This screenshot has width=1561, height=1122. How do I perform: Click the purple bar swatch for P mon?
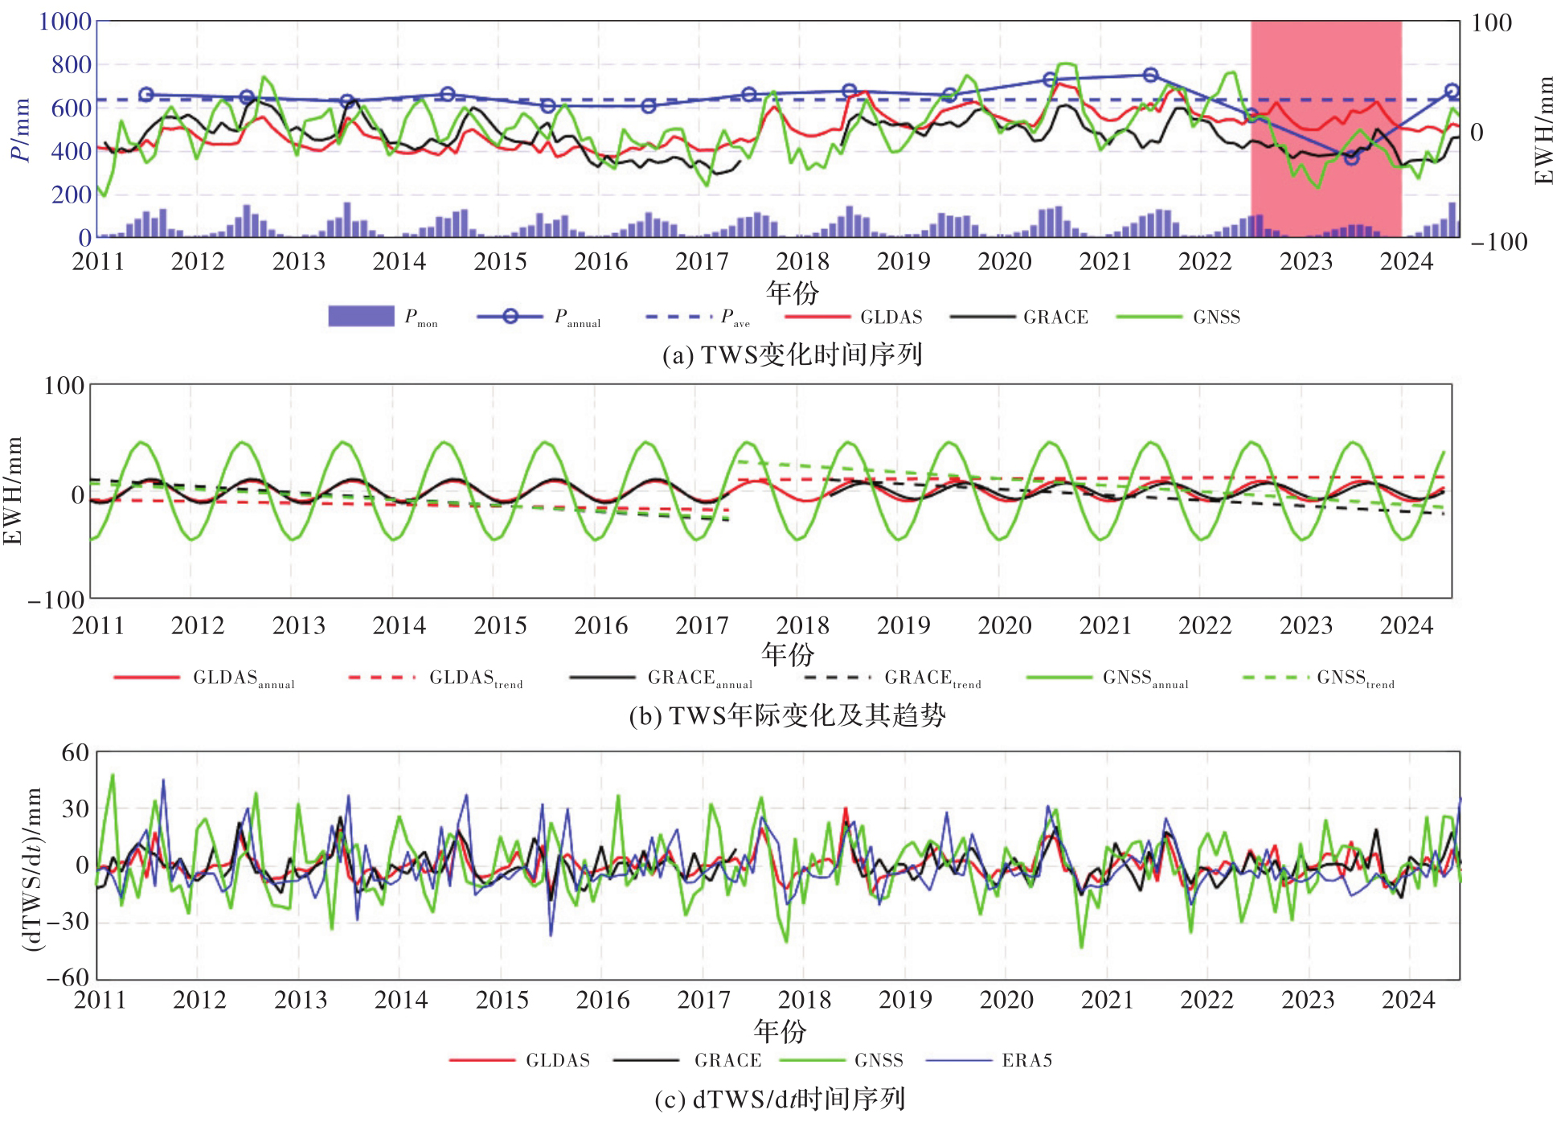(361, 317)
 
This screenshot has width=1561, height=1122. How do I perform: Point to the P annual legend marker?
(510, 317)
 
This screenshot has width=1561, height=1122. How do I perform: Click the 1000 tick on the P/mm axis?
(65, 22)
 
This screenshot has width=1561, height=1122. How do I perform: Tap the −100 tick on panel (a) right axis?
(1498, 242)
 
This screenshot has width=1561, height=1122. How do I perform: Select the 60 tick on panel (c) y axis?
(76, 753)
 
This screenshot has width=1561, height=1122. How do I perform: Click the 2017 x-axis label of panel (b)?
(702, 625)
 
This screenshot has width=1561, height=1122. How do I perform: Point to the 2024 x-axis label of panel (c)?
(1408, 1000)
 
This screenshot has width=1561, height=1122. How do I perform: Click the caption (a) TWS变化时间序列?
(792, 354)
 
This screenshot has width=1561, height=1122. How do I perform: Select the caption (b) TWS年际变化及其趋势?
(787, 715)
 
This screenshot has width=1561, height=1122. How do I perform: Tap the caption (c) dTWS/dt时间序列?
(780, 1099)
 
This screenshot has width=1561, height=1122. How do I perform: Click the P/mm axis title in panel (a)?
(20, 129)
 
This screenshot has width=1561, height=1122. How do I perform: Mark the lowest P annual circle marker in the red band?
(1351, 158)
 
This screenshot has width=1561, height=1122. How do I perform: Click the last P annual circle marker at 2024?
(1452, 92)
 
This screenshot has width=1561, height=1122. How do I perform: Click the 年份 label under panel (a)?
(792, 292)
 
